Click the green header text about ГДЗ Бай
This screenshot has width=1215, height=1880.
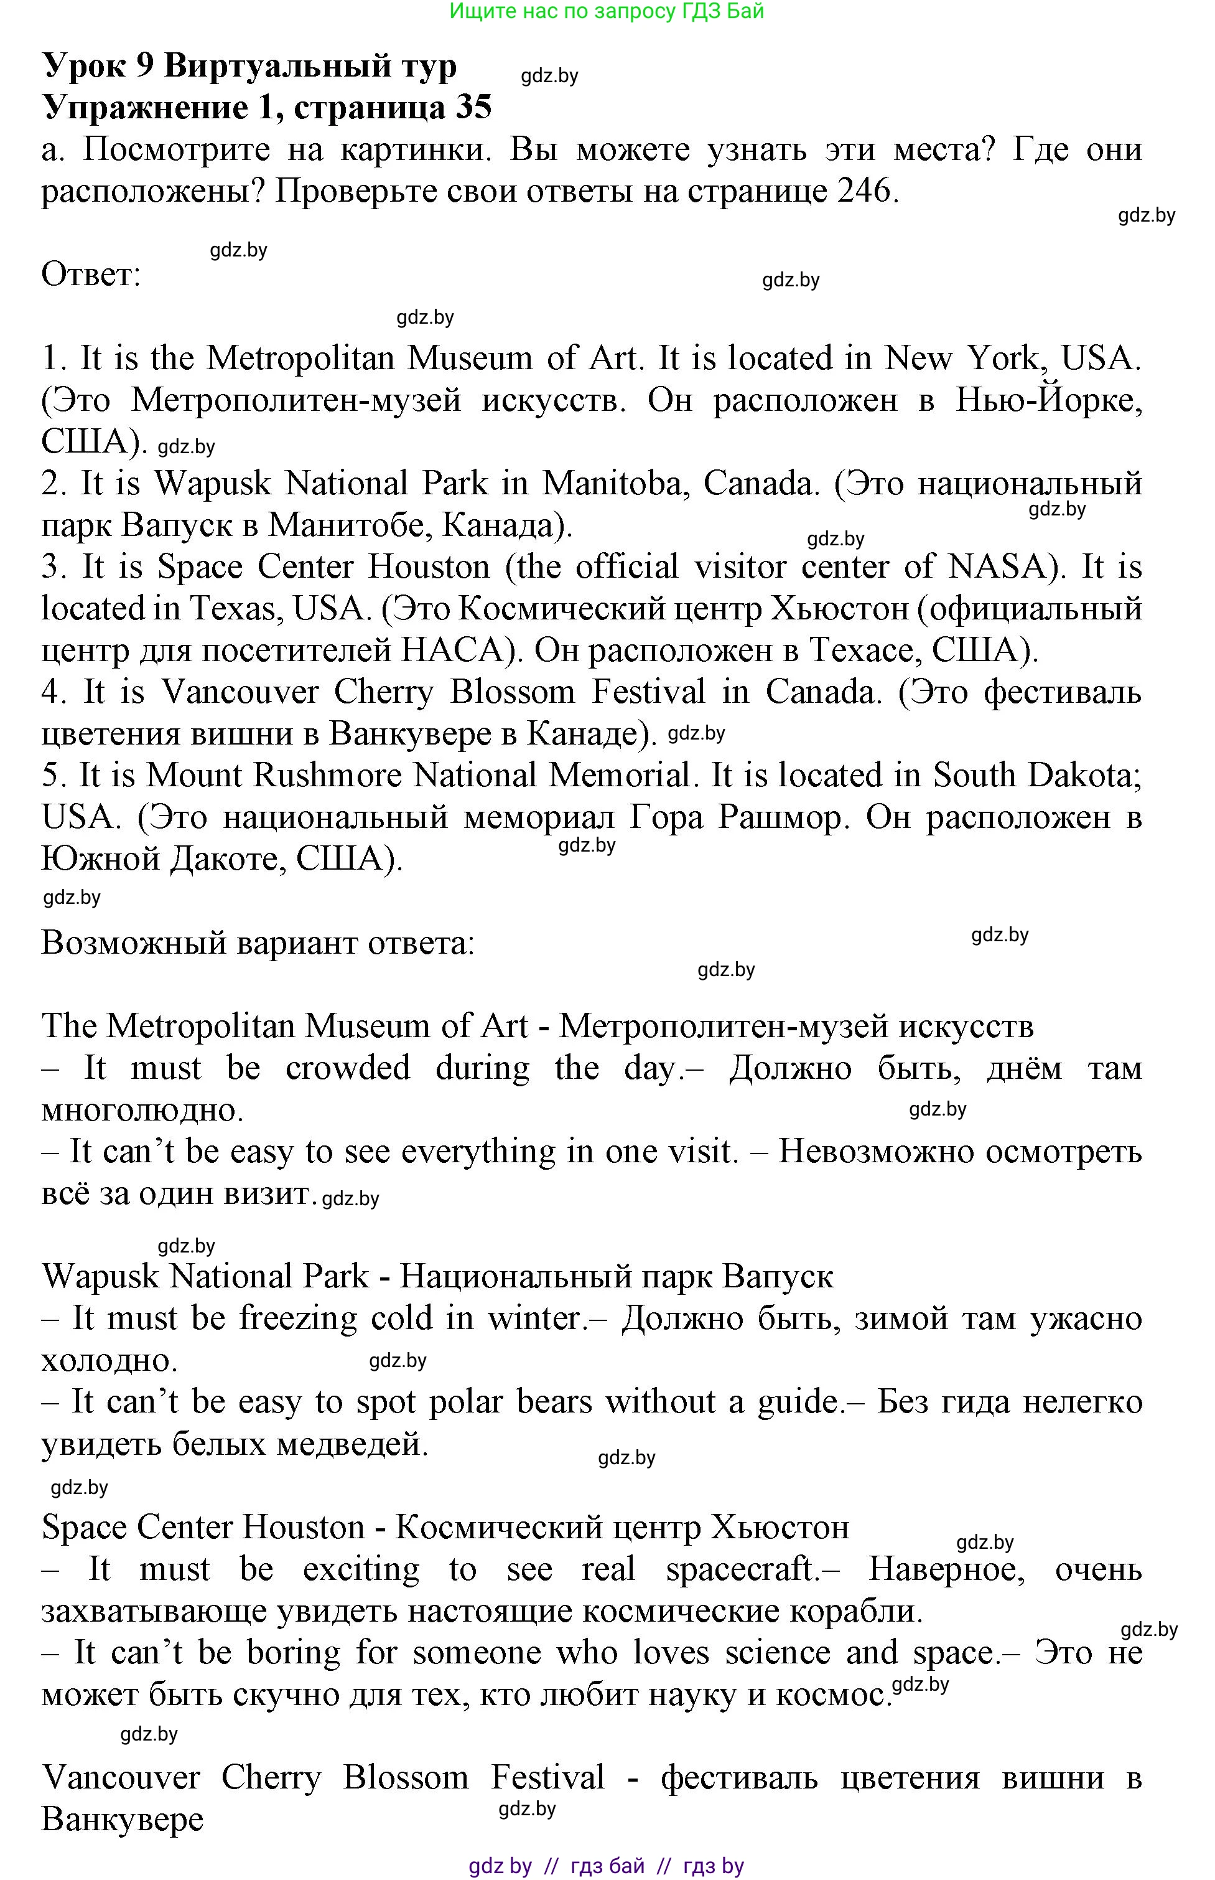click(x=606, y=11)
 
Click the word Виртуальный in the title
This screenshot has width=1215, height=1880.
click(x=309, y=66)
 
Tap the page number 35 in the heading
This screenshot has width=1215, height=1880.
click(x=473, y=107)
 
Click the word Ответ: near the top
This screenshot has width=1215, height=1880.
click(x=91, y=275)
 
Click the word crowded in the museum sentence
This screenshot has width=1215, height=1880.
click(x=347, y=1068)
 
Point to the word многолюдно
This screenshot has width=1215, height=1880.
click(x=142, y=1110)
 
